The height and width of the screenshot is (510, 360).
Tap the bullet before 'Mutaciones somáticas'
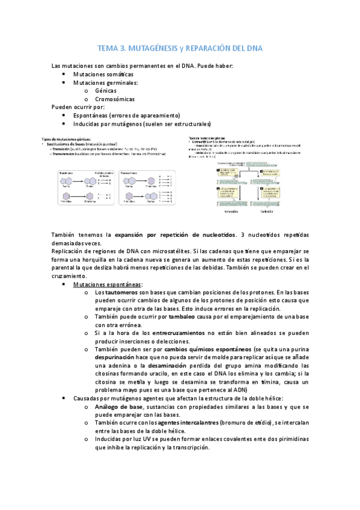pos(64,74)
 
